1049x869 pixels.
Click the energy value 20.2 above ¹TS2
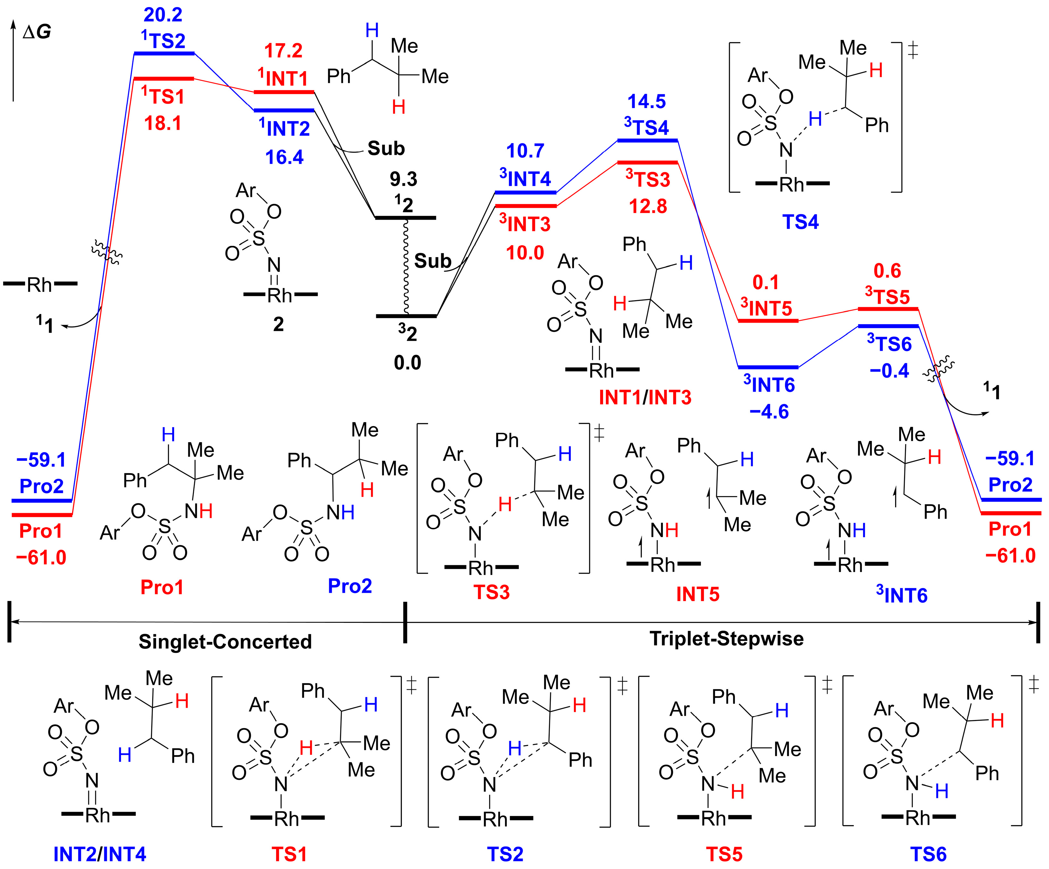coord(163,15)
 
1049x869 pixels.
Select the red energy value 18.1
coord(163,123)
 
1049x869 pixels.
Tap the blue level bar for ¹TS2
coord(164,53)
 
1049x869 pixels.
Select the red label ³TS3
coord(648,179)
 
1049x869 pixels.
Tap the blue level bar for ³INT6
coord(768,367)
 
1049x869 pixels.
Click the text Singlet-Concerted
coord(225,641)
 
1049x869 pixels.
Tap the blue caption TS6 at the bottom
coord(928,854)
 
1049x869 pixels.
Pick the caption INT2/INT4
coord(100,854)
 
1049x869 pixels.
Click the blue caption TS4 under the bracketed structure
coord(800,222)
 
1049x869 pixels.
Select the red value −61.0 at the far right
coord(1010,556)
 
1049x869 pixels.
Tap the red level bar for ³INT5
coord(768,320)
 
